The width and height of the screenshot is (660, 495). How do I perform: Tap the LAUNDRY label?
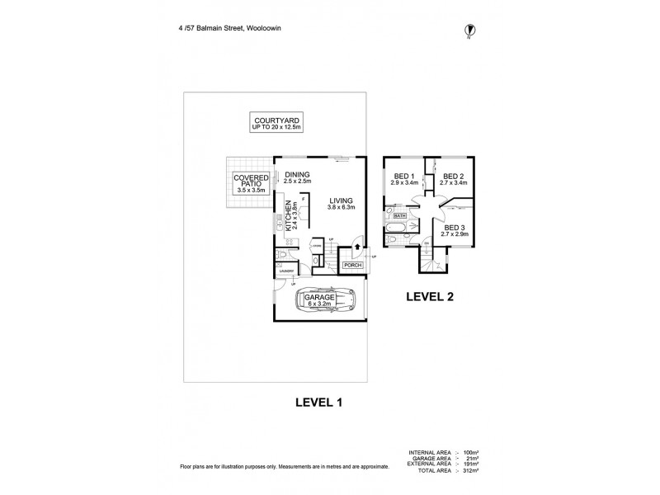pyautogui.click(x=287, y=271)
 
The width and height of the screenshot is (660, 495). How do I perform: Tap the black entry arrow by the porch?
pyautogui.click(x=357, y=245)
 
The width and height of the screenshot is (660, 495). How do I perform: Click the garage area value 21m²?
pyautogui.click(x=474, y=458)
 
